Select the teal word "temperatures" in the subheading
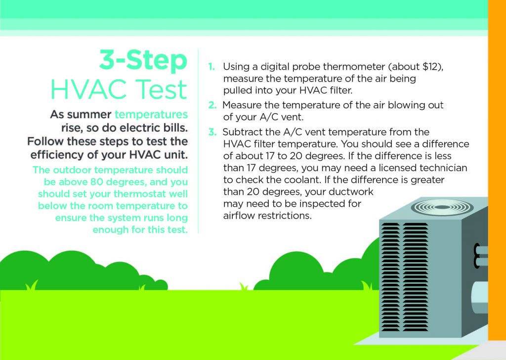(151, 115)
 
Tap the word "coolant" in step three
(298, 180)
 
